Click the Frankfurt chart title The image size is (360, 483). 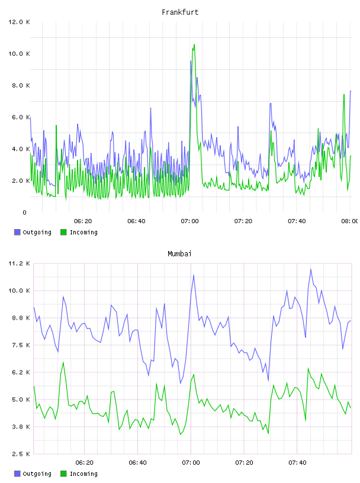[180, 12]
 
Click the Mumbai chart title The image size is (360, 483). [179, 254]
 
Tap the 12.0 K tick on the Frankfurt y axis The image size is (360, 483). [19, 22]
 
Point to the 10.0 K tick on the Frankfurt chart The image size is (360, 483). [19, 54]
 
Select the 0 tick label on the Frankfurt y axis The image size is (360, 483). [24, 212]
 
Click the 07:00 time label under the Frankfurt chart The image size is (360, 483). [189, 221]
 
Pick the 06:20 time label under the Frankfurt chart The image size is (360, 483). [83, 221]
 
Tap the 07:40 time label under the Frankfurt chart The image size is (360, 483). [297, 221]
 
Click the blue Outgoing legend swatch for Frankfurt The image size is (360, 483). [17, 232]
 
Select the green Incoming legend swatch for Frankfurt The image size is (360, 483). [63, 232]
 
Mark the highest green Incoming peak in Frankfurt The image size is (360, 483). [194, 44]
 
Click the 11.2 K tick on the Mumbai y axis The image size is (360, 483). [19, 263]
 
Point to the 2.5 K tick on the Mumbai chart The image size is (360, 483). [19, 454]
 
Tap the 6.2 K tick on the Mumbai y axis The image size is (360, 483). [19, 372]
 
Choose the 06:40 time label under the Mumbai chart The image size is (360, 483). [137, 463]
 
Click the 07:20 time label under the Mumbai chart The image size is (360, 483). [244, 463]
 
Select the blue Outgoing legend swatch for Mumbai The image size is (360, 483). [17, 474]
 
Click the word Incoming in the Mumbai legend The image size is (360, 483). [83, 474]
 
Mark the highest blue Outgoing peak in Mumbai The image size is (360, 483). [311, 269]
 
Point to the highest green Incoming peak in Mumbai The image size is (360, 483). [63, 363]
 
